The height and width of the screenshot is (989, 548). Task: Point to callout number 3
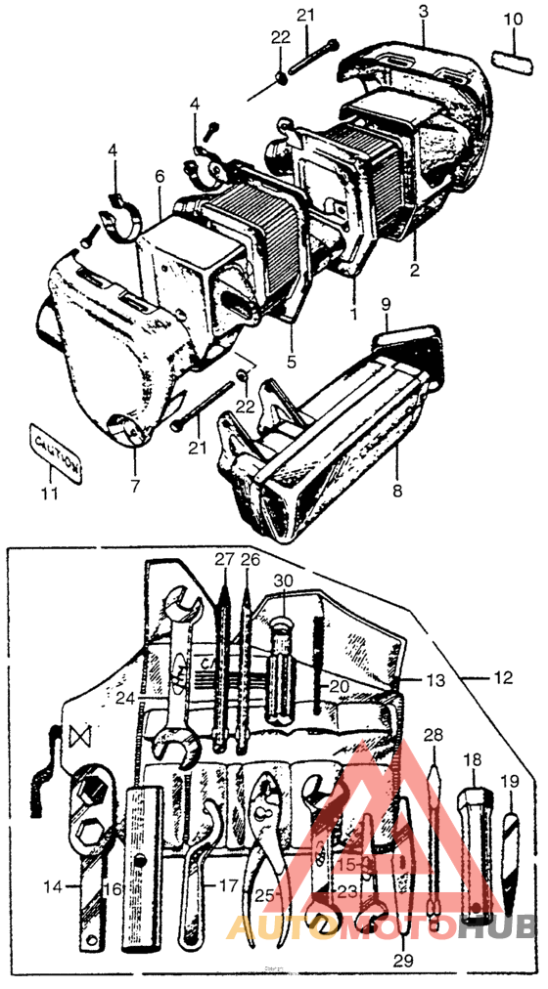tap(423, 13)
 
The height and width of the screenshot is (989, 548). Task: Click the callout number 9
tap(386, 304)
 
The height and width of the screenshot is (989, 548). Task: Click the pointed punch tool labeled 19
tap(511, 841)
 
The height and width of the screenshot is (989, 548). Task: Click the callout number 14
tap(55, 886)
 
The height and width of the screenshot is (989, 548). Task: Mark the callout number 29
tap(399, 960)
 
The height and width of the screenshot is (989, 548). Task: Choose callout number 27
tap(224, 560)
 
